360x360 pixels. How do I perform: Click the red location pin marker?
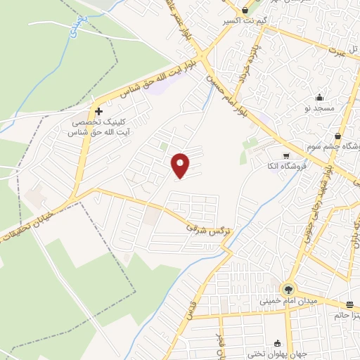(181, 166)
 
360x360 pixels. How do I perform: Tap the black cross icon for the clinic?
(98, 111)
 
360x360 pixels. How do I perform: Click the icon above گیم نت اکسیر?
(244, 11)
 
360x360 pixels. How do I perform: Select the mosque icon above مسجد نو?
(320, 97)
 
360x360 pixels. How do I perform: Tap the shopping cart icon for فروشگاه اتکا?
(285, 156)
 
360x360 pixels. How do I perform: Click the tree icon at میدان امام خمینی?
(288, 289)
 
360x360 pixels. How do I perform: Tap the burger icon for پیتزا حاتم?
(349, 304)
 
